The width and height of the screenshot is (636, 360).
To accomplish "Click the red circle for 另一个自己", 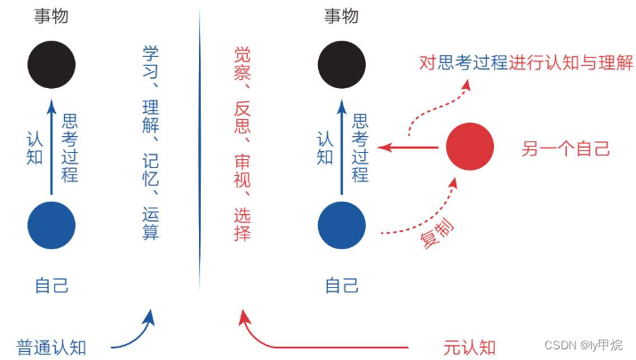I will [x=469, y=147].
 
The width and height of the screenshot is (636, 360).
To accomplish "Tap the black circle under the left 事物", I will [x=52, y=65].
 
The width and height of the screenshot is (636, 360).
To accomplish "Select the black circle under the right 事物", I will [x=342, y=65].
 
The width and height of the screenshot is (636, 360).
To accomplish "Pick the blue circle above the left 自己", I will [x=52, y=226].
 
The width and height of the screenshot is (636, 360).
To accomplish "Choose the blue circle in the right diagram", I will [x=342, y=226].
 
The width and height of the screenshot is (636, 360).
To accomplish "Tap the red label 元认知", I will [x=469, y=347].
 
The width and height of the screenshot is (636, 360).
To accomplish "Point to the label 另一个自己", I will [x=565, y=148].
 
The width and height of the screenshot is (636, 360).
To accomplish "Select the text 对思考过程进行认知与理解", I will [x=526, y=63].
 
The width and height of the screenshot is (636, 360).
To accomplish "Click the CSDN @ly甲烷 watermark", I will [x=582, y=345].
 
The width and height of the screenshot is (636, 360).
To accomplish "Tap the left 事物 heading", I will [x=52, y=16].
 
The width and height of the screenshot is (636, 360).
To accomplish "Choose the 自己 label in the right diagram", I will [x=342, y=285].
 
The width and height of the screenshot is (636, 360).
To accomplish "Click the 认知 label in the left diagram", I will [x=34, y=147].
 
